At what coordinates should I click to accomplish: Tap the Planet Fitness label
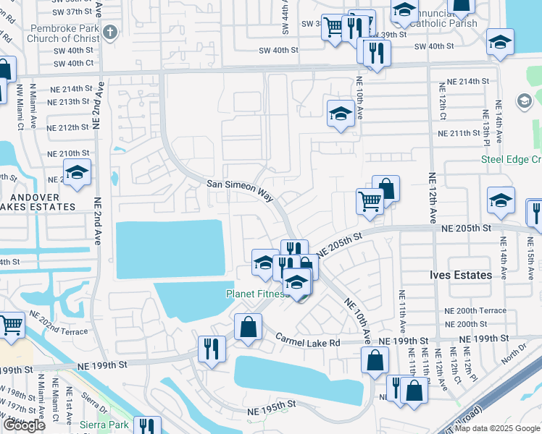coord(257,294)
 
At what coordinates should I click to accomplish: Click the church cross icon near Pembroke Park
coord(109,32)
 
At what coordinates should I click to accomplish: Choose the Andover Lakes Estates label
coord(38,200)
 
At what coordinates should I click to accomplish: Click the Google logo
coord(24,425)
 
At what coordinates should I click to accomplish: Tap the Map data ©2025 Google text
coord(493,428)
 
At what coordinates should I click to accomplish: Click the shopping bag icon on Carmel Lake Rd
coord(248,326)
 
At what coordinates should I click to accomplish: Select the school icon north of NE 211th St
coord(340,114)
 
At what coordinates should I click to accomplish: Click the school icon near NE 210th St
coord(77,173)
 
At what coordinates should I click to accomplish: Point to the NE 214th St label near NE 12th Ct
coord(469,81)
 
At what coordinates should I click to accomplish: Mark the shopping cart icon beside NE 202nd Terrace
coord(11,325)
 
